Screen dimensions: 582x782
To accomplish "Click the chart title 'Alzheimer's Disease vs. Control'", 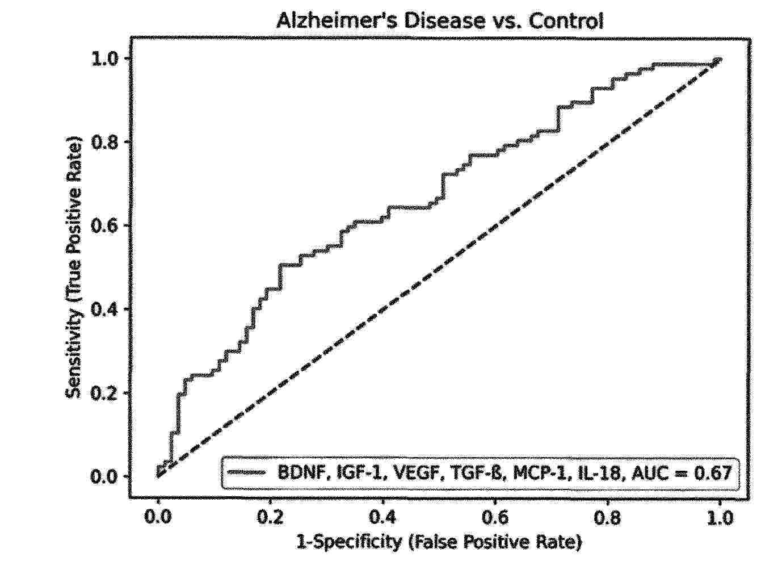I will tap(440, 21).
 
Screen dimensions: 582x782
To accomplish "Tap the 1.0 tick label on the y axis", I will tap(106, 58).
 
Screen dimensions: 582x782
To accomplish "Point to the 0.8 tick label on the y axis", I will tap(106, 142).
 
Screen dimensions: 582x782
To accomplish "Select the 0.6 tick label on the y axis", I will tap(106, 225).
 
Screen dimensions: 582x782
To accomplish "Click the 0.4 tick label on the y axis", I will tap(106, 309).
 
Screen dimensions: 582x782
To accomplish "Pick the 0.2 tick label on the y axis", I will tap(106, 393).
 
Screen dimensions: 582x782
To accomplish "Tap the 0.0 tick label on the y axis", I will tap(106, 476).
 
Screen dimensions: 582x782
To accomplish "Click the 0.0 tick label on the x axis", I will tap(158, 518).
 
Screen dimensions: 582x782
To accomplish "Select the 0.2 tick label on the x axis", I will tap(270, 518).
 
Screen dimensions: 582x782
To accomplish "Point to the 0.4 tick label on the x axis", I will tap(383, 518).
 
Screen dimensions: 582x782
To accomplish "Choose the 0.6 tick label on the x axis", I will tap(495, 518).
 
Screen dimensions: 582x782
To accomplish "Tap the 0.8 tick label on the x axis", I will tap(608, 518).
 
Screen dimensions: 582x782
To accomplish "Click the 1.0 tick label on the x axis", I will tap(720, 518).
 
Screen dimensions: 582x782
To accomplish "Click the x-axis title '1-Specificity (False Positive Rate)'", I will tap(439, 542).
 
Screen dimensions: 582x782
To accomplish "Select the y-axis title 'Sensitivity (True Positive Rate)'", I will tap(74, 267).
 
